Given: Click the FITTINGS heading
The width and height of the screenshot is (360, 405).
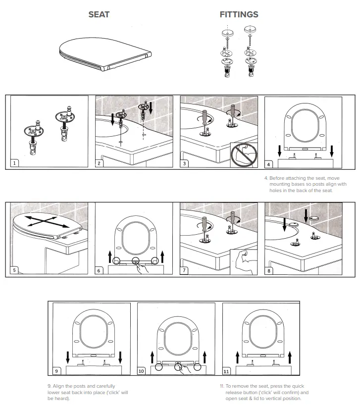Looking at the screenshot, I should click(239, 14).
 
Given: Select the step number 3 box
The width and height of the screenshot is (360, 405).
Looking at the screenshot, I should click(184, 163).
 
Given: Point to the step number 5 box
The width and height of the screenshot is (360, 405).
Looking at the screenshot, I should click(15, 270).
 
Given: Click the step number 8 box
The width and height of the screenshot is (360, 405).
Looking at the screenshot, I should click(269, 270).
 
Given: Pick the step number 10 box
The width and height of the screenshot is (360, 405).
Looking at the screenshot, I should click(142, 371).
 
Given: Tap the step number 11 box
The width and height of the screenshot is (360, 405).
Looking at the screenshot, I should click(227, 371).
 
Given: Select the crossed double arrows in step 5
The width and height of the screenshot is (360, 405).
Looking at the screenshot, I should click(45, 221).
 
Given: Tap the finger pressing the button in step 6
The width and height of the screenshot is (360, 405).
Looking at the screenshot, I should click(142, 267).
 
